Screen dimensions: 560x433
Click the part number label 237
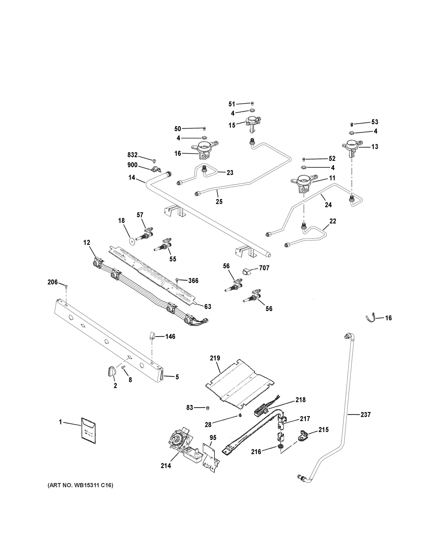tap(366, 414)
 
